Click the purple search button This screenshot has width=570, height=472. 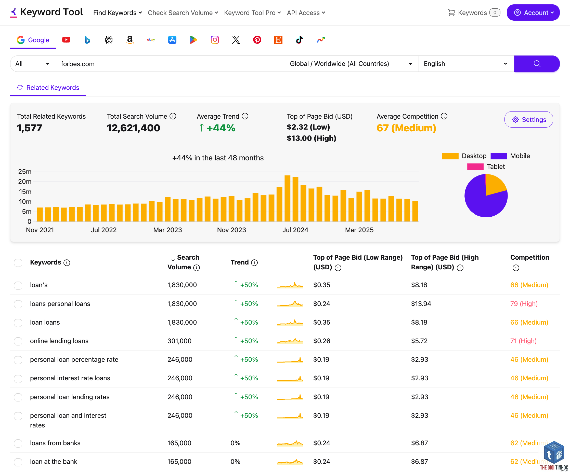(x=537, y=64)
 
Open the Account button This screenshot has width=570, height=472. (x=533, y=12)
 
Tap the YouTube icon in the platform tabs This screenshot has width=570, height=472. (x=66, y=40)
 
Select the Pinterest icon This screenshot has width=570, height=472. (x=257, y=40)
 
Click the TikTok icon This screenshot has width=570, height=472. (x=299, y=40)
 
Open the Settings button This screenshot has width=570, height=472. (x=528, y=120)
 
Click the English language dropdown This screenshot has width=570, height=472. (x=466, y=64)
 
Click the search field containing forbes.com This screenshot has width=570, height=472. (x=170, y=64)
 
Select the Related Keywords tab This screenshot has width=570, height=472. (x=48, y=88)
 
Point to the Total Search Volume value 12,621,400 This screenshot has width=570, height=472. (x=133, y=128)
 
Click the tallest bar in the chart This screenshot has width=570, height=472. (x=287, y=199)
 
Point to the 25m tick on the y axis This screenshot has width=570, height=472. (x=25, y=172)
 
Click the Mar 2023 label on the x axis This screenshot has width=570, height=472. (x=167, y=230)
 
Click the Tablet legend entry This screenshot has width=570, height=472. (x=486, y=166)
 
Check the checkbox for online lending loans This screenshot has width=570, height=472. (x=18, y=341)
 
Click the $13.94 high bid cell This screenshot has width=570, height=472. (x=421, y=304)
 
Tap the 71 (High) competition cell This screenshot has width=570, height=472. (x=523, y=341)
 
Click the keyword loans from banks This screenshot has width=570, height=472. (x=55, y=443)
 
